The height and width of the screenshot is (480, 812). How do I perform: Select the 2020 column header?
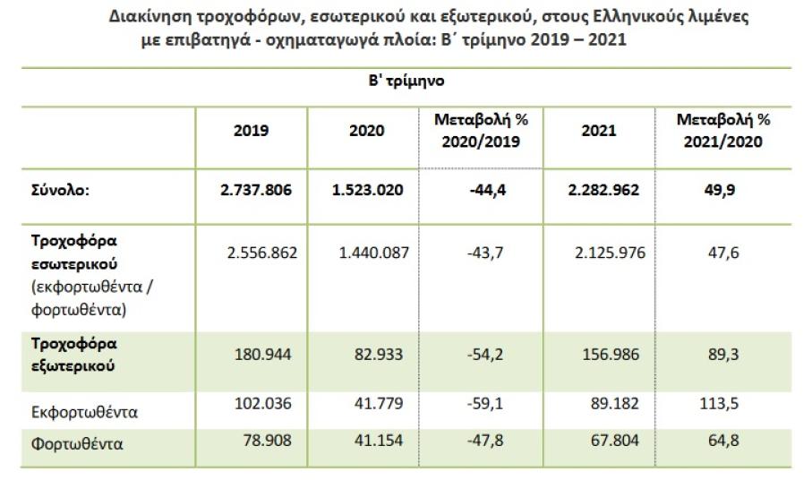click(367, 131)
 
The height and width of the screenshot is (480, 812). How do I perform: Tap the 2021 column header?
click(597, 131)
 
